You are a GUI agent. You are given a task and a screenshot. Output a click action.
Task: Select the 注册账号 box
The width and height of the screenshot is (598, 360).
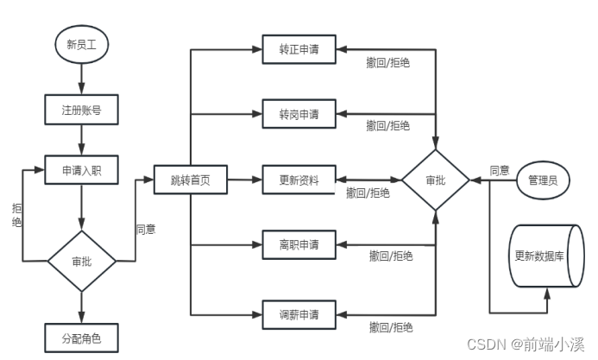[x=79, y=111]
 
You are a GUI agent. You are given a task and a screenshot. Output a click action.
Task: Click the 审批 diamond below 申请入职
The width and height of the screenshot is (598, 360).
[x=79, y=261]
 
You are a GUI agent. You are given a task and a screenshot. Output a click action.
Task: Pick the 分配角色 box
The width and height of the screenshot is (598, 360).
[x=79, y=338]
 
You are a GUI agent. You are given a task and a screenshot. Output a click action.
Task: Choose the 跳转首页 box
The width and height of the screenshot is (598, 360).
[x=190, y=181]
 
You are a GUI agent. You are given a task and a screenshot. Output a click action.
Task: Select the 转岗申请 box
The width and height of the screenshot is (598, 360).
[x=299, y=113]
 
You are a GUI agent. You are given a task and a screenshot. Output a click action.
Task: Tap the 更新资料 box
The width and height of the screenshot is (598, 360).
[x=299, y=180]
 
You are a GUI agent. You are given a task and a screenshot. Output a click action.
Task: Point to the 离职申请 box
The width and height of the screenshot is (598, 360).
[x=299, y=245]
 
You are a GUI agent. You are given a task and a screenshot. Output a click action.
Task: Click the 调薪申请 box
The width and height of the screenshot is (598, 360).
[x=299, y=313]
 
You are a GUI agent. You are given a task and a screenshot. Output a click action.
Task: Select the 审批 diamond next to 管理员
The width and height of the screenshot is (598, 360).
[x=436, y=180]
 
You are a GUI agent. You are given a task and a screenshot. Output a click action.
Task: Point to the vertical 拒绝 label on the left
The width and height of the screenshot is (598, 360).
[x=17, y=215]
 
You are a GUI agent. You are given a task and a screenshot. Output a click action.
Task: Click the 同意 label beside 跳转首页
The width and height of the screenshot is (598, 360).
[x=146, y=230]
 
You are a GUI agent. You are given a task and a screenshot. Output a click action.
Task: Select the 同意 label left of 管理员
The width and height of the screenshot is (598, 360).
[x=499, y=170]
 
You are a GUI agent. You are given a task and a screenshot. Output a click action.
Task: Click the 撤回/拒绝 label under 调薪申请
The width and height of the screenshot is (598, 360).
[x=390, y=327]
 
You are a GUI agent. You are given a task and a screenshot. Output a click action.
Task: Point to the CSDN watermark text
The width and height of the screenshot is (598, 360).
[x=527, y=344]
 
